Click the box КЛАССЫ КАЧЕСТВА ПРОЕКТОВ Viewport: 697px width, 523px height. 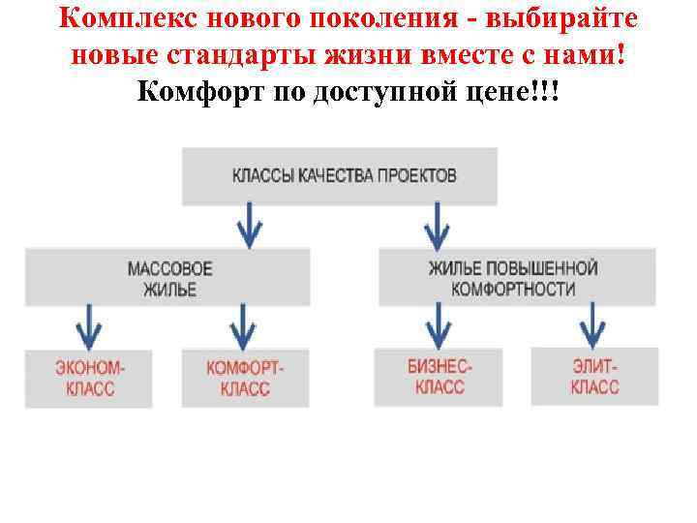pyautogui.click(x=339, y=176)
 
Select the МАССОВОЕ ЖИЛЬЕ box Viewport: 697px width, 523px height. pyautogui.click(x=168, y=278)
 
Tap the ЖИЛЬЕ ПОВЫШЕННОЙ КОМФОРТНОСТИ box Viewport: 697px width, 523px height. pyautogui.click(x=517, y=278)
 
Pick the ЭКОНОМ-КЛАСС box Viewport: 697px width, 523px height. pyautogui.click(x=89, y=379)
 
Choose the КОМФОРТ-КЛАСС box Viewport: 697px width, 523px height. pyautogui.click(x=245, y=379)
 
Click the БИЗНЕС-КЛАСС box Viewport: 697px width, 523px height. pyautogui.click(x=439, y=377)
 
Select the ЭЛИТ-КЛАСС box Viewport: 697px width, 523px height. pyautogui.click(x=594, y=377)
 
